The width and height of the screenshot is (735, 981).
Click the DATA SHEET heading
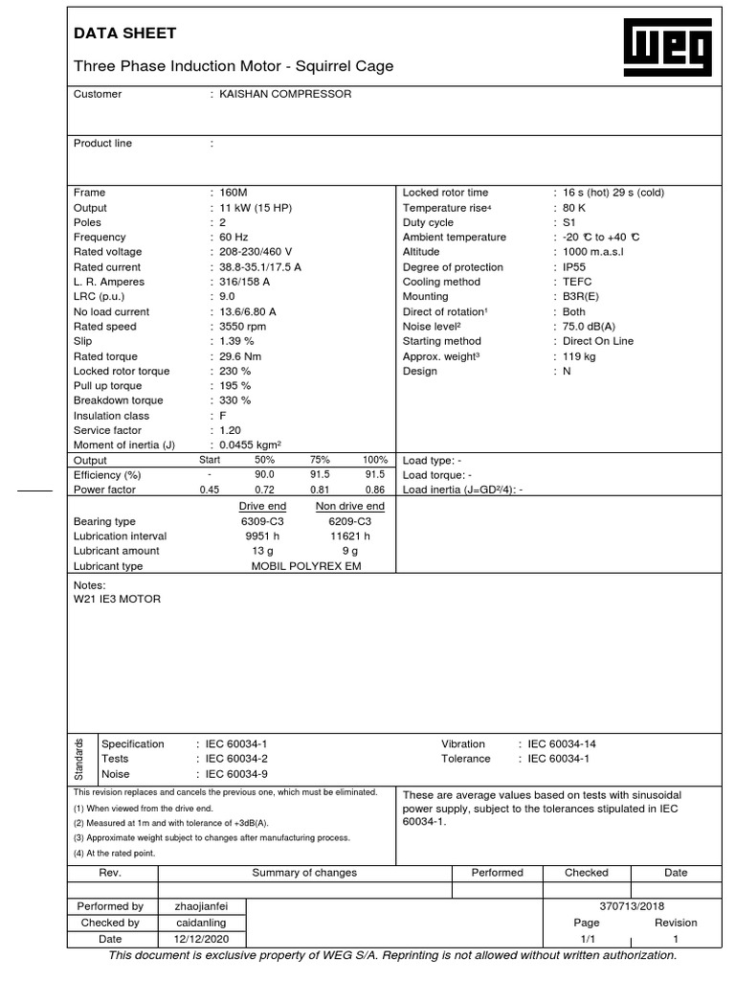point(125,34)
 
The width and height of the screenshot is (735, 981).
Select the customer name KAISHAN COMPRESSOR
point(285,94)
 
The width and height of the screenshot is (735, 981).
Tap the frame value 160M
point(234,193)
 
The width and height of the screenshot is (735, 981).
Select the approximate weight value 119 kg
point(579,356)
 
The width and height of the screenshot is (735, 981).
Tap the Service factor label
point(107,431)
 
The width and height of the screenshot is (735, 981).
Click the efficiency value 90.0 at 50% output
point(264,475)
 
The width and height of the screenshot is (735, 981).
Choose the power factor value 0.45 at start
point(209,490)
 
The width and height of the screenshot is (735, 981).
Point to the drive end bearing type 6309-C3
point(262,521)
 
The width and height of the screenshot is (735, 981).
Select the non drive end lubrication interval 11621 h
point(349,536)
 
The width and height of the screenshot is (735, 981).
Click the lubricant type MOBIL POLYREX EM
point(306,566)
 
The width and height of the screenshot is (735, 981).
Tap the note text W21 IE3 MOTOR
point(118,599)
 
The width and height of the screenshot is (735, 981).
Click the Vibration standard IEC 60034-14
point(562,743)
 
